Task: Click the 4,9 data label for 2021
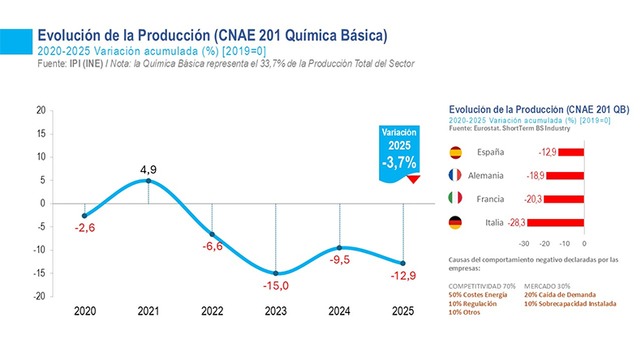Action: tap(148, 169)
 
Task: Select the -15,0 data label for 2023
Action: tap(276, 285)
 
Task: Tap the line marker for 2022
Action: tap(212, 234)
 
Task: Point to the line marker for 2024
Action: tap(339, 247)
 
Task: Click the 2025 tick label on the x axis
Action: tap(403, 311)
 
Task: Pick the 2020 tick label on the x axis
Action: tap(84, 311)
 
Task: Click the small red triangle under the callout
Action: tap(414, 179)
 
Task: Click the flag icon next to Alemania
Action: tap(455, 175)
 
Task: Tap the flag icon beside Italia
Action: tap(455, 222)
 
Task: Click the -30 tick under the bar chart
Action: tap(524, 242)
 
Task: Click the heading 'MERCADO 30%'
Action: tap(547, 285)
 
